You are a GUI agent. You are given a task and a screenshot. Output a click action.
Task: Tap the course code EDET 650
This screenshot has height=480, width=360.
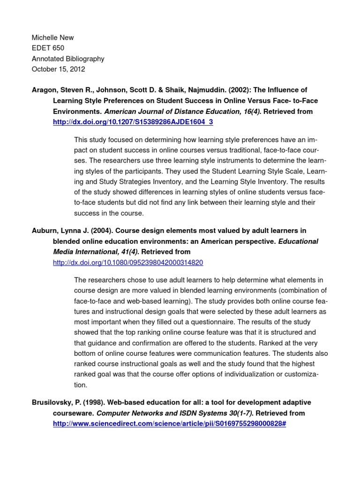48,48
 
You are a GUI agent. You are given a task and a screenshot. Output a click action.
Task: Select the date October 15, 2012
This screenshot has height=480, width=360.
58,69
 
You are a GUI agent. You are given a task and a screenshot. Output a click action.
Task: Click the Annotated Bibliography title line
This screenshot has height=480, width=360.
68,59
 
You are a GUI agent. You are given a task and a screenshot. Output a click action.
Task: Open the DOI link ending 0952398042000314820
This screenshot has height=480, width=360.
128,262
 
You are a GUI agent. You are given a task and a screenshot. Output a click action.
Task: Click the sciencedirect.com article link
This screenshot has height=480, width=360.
169,424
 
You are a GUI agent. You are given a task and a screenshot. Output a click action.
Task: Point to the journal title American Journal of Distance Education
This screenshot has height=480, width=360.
181,112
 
